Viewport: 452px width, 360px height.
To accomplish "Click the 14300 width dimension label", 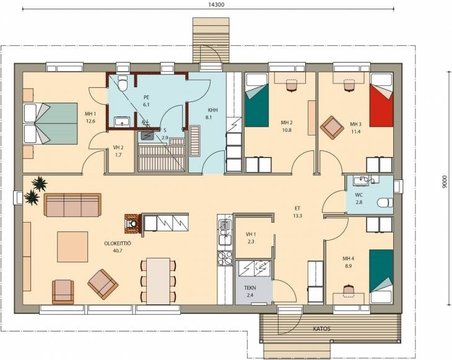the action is point(216,4).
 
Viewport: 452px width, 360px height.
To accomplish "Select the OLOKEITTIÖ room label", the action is point(118,243).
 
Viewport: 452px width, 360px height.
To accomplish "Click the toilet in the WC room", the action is point(385,202).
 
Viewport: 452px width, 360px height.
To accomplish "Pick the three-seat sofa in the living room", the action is point(72,205).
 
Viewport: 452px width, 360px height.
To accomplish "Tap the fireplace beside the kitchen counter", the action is point(133,223).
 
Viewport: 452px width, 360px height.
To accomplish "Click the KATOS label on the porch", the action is point(322,328).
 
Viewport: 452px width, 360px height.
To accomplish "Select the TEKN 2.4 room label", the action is point(250,291).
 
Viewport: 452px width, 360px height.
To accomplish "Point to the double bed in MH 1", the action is point(50,124).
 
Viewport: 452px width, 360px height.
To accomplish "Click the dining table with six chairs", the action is point(159,281).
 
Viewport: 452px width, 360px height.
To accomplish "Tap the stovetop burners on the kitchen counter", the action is point(225,258).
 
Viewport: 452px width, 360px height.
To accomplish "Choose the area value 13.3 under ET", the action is point(297,216).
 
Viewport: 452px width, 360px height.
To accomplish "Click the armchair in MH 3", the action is point(332,127).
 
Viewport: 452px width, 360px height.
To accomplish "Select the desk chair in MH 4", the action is point(350,289).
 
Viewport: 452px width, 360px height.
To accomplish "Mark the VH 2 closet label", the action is point(118,151).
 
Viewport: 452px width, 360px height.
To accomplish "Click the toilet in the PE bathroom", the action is point(123,83).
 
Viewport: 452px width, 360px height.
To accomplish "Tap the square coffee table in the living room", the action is point(72,247).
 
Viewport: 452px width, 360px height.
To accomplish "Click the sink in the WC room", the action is point(360,180).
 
